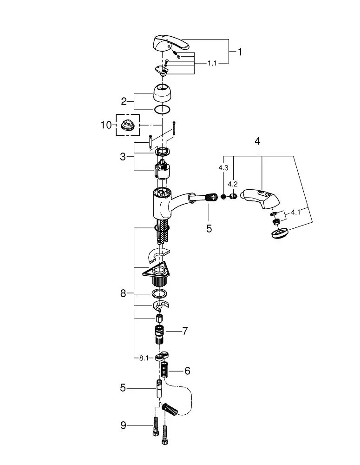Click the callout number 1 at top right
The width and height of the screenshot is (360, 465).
[240, 52]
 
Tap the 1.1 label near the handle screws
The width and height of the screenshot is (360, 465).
[212, 63]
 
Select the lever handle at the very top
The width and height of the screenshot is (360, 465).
[170, 45]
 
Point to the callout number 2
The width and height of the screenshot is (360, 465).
[124, 101]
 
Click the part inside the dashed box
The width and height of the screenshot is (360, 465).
[127, 125]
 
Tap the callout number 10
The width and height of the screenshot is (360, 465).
[106, 125]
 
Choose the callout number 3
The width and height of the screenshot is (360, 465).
[123, 157]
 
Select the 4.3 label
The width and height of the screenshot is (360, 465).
[223, 168]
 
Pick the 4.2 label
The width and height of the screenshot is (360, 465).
[233, 184]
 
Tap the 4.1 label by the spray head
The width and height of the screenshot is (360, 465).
[296, 213]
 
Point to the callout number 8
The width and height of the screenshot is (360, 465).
[123, 293]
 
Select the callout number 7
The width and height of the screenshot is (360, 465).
[185, 331]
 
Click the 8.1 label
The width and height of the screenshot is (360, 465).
[144, 358]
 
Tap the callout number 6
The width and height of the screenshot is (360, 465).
[187, 371]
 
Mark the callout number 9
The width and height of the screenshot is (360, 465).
[123, 425]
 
